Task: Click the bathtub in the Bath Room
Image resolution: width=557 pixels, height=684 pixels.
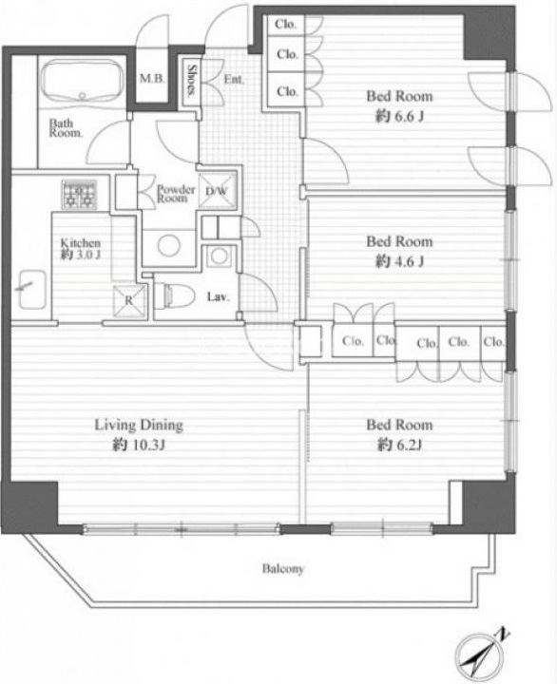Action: point(82,82)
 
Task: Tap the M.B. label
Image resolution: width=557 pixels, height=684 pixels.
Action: point(152,79)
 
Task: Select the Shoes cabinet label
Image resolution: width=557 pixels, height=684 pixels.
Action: point(191,80)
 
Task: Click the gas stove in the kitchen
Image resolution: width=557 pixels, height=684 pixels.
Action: point(79,195)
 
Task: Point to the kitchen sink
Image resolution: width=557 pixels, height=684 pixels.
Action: point(32,289)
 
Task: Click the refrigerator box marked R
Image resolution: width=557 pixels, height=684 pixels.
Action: point(129,300)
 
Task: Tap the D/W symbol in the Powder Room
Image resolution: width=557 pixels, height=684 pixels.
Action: point(217,191)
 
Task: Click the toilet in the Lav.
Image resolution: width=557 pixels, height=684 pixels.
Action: point(175,295)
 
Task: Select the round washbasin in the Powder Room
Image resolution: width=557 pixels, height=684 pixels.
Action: point(169,245)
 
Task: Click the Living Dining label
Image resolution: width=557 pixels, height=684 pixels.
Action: point(139,425)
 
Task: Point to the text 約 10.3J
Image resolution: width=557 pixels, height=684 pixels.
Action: point(139,445)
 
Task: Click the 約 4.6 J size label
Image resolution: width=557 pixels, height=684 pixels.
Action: point(399,261)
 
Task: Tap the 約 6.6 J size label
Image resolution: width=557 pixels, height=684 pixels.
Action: point(399,116)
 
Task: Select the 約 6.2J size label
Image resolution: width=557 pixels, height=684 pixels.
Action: point(399,445)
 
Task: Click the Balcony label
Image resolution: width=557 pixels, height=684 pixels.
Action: point(283,568)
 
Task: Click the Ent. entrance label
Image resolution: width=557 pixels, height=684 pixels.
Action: point(234,80)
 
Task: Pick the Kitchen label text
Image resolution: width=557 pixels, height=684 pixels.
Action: point(81,243)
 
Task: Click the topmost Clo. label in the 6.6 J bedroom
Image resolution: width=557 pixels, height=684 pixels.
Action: point(285,25)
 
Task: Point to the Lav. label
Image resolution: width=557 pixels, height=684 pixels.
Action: point(218,297)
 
